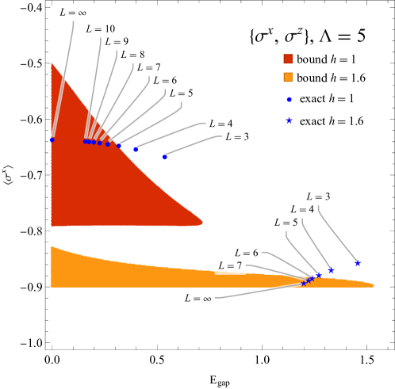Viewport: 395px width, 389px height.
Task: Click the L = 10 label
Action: (x=99, y=29)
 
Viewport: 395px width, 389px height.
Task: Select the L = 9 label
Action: (x=116, y=41)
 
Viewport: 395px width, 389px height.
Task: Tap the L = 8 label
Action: (x=132, y=55)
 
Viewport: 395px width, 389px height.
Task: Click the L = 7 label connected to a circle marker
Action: (x=148, y=67)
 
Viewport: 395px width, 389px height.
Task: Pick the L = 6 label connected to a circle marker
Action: (x=165, y=80)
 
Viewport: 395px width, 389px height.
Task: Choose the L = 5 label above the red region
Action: (x=181, y=93)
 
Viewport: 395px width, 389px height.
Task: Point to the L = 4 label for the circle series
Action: (x=221, y=124)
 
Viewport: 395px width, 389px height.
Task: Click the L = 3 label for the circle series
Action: (x=236, y=137)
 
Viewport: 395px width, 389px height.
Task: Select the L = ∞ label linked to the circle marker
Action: (x=73, y=12)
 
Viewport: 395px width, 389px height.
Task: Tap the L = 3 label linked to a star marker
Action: (x=318, y=196)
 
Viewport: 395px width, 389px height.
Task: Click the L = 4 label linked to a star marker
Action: (x=301, y=210)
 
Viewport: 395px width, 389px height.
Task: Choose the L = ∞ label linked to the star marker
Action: (x=197, y=299)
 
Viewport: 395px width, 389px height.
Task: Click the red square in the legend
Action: (x=288, y=59)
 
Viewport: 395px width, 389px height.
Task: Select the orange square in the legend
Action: (x=288, y=78)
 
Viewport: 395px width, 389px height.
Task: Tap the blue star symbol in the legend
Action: (x=289, y=120)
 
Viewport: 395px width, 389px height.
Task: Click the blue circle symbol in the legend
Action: (x=289, y=100)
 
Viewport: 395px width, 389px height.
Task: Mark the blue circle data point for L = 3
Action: (x=164, y=157)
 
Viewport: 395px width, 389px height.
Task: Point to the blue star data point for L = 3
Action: (x=357, y=262)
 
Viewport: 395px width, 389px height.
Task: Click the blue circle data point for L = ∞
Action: (x=52, y=139)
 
